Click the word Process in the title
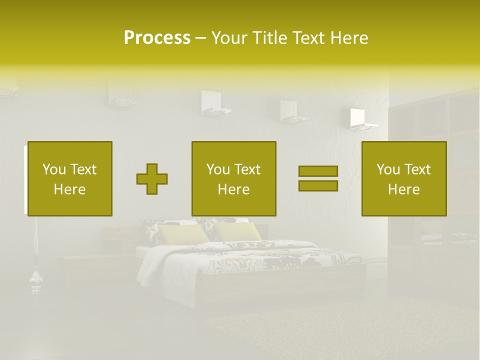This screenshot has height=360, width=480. tap(157, 38)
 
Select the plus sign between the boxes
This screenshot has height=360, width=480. tap(152, 178)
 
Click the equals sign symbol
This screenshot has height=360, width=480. tap(318, 178)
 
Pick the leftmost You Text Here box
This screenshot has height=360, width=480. tap(69, 178)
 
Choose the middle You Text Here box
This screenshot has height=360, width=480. tap(233, 178)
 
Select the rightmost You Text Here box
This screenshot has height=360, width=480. tap(403, 178)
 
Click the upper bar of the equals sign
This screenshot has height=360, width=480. tap(318, 171)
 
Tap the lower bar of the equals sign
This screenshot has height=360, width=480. tap(318, 185)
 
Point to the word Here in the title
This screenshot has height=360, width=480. tap(349, 38)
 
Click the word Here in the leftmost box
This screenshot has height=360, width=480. tap(69, 189)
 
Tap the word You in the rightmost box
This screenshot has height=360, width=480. tap(387, 169)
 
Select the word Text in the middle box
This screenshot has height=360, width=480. tap(247, 169)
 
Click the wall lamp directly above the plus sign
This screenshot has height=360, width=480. tap(121, 95)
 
